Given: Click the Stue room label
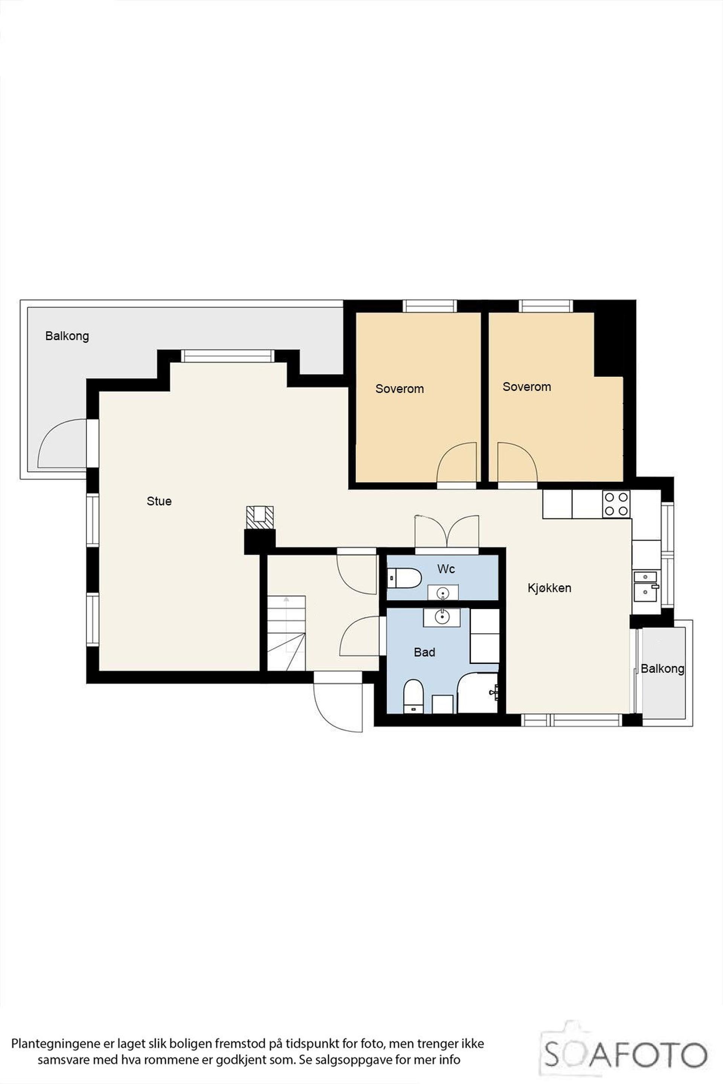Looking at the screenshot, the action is (159, 501).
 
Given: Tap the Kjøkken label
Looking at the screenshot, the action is (549, 588).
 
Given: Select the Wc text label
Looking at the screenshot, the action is (446, 569).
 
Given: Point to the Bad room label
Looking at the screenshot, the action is (424, 652).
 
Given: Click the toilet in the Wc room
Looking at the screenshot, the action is (404, 578).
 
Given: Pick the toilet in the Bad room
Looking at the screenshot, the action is (413, 696).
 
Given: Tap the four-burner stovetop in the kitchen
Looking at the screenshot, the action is (616, 504).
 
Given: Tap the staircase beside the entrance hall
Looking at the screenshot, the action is (286, 633).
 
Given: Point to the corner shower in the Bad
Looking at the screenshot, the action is (478, 692).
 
